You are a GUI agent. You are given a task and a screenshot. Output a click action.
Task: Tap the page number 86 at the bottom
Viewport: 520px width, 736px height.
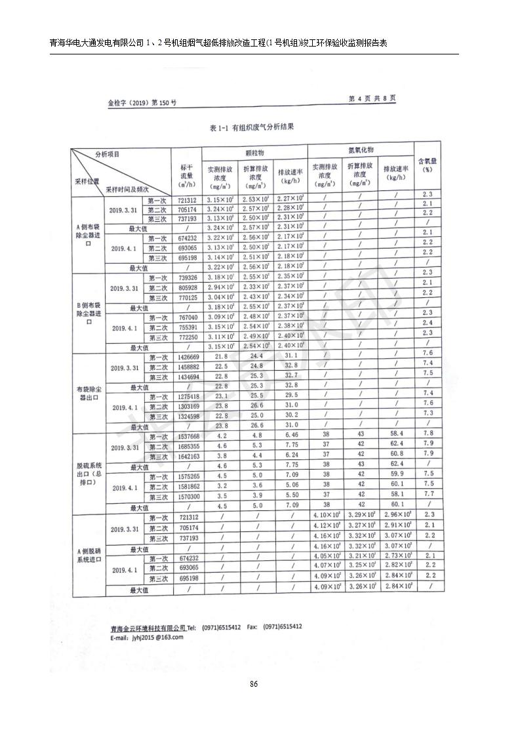coord(254,684)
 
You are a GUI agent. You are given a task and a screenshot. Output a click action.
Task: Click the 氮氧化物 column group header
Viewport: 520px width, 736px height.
coord(360,150)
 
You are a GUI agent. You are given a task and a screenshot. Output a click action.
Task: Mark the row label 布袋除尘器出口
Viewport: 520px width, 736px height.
coord(88,393)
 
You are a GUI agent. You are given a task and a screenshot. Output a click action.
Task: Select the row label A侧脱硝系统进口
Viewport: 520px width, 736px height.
coord(88,555)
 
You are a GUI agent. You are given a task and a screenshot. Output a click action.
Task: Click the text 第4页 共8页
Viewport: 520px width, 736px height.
coord(372,98)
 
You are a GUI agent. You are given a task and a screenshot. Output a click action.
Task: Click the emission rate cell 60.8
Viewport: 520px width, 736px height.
coord(396,454)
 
